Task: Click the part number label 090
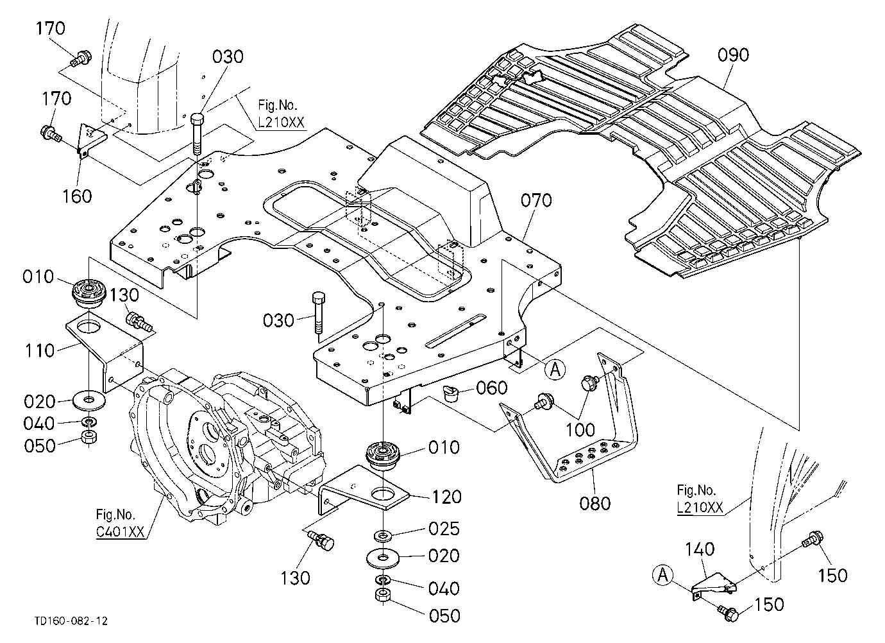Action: coord(733,55)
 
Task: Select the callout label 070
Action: coord(536,200)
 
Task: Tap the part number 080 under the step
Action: coord(595,503)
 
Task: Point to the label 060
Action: coord(491,388)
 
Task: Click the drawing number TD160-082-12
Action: coord(71,621)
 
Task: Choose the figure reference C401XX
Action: coord(120,532)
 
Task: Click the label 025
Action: coord(444,529)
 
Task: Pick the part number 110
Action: coord(40,351)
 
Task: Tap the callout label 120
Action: coord(446,497)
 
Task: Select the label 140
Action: coord(700,549)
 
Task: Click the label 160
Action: coord(77,196)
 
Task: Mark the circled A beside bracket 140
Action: coord(663,575)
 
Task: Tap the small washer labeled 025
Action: coord(382,536)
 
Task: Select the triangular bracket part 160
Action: coord(92,139)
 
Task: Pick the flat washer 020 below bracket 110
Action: coord(89,401)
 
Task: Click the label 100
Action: coord(580,430)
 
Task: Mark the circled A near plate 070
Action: coord(555,370)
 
